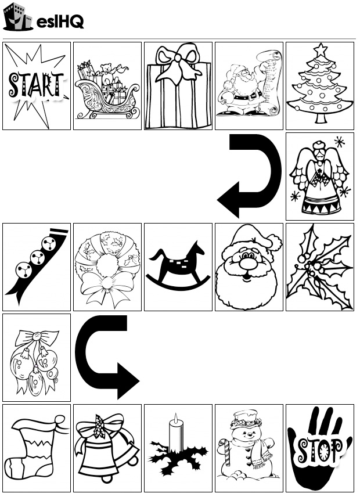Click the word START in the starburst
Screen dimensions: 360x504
click(x=36, y=85)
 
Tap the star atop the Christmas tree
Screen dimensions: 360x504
click(x=320, y=50)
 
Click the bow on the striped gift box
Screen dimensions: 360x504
click(x=177, y=65)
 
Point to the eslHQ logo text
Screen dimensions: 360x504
click(x=60, y=22)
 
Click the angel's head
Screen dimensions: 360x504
click(x=319, y=151)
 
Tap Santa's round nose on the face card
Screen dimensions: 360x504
click(x=248, y=264)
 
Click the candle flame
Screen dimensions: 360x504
click(x=175, y=419)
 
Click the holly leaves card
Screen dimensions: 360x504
click(x=320, y=267)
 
